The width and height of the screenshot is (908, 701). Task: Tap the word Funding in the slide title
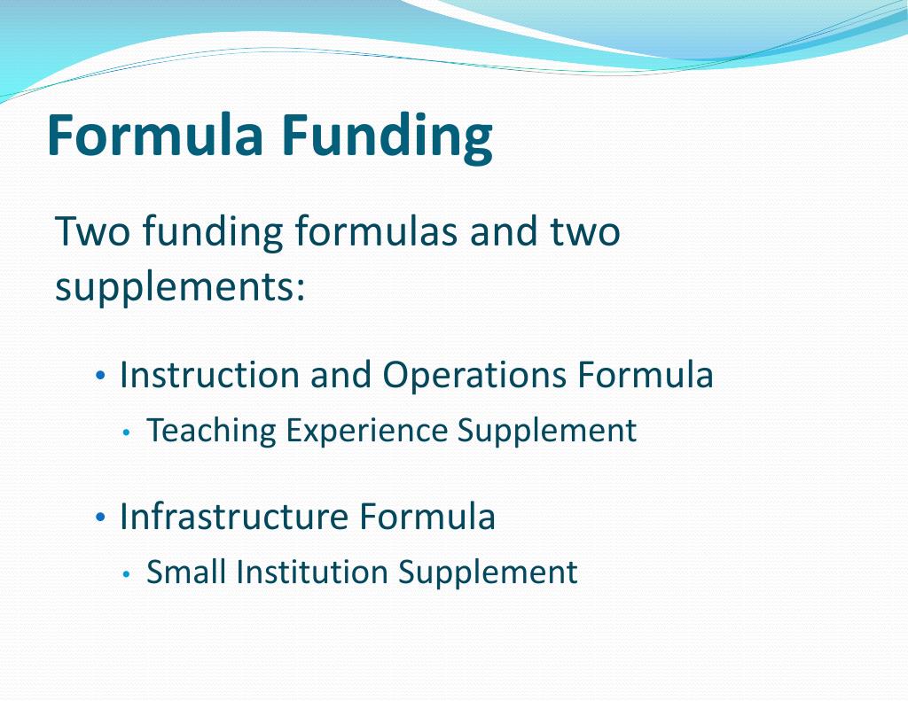[x=387, y=136]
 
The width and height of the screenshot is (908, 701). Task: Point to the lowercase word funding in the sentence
[x=212, y=233]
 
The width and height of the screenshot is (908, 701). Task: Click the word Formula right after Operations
[x=646, y=375]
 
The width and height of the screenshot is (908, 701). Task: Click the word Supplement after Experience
[x=547, y=431]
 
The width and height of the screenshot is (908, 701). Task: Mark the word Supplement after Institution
[x=488, y=572]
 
